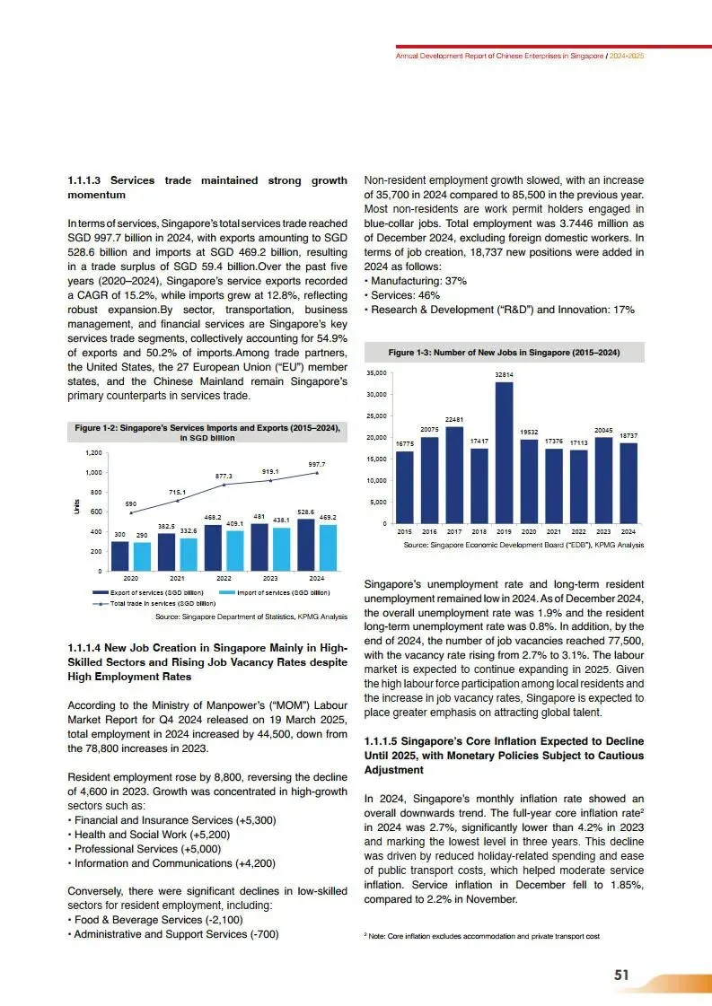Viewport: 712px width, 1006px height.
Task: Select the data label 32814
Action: pos(505,373)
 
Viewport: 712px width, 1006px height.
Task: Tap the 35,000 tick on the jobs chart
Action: pos(374,372)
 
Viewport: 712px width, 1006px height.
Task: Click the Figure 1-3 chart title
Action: pos(504,352)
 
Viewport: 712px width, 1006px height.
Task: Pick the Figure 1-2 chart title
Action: pos(207,433)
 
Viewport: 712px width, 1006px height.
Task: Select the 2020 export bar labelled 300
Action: pos(119,555)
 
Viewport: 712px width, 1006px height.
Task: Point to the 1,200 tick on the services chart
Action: pos(92,453)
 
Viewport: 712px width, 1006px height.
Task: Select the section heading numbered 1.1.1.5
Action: pos(504,756)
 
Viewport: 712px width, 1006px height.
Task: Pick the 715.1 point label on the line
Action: pos(178,493)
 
